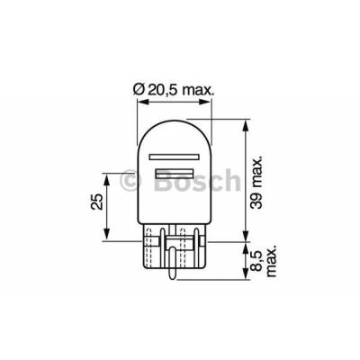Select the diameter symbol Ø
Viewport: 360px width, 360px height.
(139, 87)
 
